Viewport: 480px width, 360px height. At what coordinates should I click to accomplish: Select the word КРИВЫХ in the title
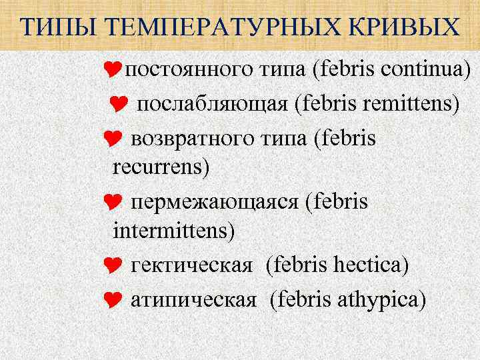coord(411,27)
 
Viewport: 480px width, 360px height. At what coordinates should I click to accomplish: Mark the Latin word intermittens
coord(175,231)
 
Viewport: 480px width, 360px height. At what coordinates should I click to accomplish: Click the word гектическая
coord(192,265)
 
